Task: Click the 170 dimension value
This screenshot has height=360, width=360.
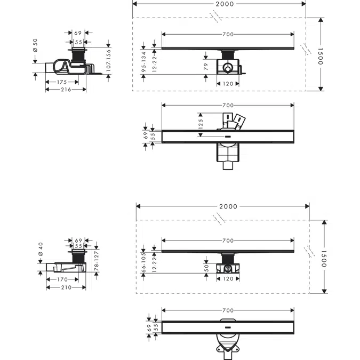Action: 62,279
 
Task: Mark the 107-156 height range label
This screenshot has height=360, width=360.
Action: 108,57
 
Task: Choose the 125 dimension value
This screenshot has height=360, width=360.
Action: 201,124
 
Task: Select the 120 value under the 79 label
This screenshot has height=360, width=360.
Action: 228,84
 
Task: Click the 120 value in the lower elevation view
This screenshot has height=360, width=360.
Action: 228,279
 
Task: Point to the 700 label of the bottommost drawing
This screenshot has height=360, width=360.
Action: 228,310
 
